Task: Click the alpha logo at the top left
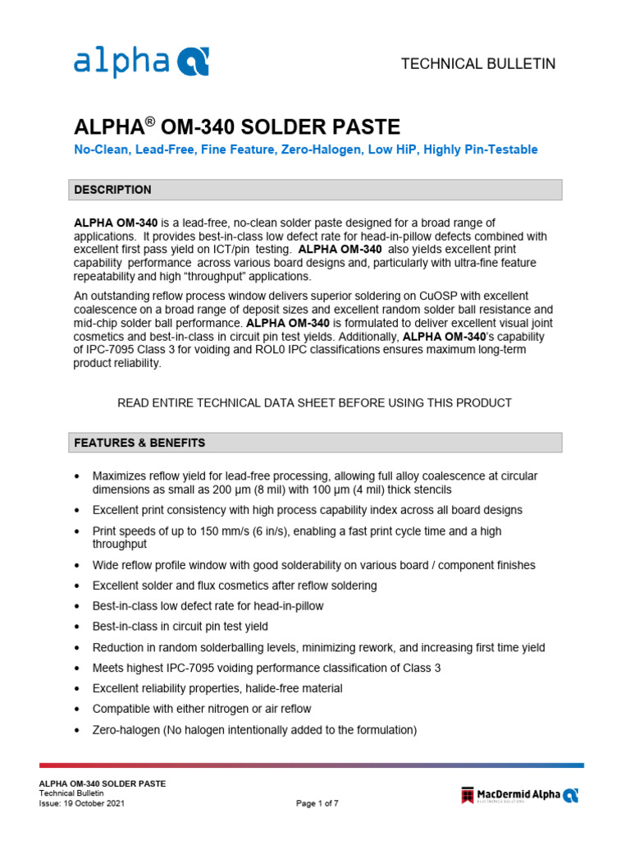point(141,62)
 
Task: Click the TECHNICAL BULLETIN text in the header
point(477,64)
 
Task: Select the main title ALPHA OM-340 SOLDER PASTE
point(237,127)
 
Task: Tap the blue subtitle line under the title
point(306,149)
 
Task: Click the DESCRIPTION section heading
point(113,190)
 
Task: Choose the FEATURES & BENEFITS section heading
point(140,443)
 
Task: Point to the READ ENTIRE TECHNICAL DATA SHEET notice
point(315,402)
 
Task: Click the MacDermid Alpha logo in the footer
point(519,794)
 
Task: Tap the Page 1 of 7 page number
point(317,804)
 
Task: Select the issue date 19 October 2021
point(82,804)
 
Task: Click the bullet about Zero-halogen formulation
point(255,730)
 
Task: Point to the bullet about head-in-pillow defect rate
point(208,606)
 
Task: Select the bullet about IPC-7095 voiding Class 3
point(267,668)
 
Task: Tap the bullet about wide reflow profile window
point(314,565)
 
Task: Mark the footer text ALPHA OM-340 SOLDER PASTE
point(103,784)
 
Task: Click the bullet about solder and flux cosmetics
point(235,586)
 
